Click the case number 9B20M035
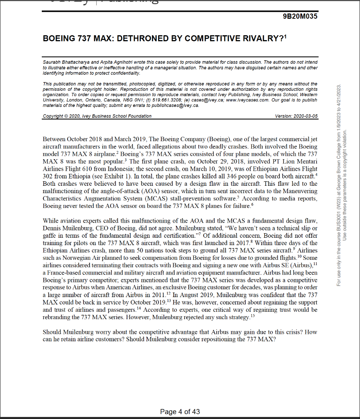pyautogui.click(x=300, y=16)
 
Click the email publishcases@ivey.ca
pyautogui.click(x=179, y=105)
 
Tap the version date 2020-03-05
pyautogui.click(x=305, y=116)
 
